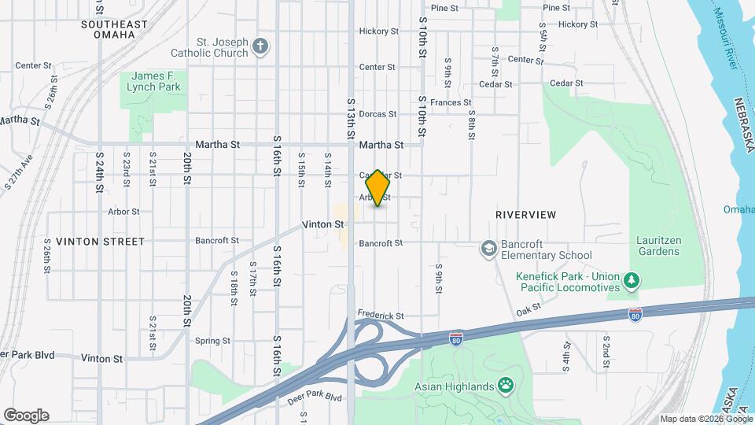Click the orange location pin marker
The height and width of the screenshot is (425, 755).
[x=378, y=188]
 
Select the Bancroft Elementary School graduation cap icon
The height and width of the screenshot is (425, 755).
[x=488, y=249]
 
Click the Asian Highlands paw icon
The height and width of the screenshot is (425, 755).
[x=507, y=386]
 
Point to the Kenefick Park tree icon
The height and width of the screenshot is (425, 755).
[x=631, y=281]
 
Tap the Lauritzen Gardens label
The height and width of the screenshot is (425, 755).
[x=659, y=246]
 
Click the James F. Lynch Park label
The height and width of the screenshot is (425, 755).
[x=153, y=81]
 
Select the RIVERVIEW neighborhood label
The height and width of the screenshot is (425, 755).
[x=526, y=215]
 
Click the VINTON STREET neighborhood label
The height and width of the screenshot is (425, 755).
[x=101, y=242]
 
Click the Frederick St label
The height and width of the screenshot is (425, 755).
[x=381, y=315]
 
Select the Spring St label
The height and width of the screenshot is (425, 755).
[x=212, y=342]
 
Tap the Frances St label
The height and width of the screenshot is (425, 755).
[x=451, y=102]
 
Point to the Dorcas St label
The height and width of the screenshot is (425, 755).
[x=377, y=114]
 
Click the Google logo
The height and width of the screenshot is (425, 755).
[x=26, y=416]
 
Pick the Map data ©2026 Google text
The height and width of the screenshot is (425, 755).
[x=705, y=419]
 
